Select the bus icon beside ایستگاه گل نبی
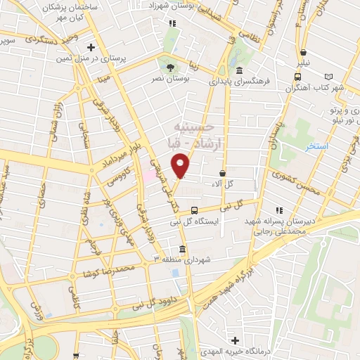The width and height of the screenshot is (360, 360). [195, 210]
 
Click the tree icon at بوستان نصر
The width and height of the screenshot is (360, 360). [171, 67]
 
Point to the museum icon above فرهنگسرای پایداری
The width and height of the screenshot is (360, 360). [240, 71]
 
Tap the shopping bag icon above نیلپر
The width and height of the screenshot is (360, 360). [303, 52]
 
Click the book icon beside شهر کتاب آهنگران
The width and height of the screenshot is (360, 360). [330, 77]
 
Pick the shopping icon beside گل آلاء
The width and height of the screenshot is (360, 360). [223, 173]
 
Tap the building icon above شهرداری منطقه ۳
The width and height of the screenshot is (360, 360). [183, 249]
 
